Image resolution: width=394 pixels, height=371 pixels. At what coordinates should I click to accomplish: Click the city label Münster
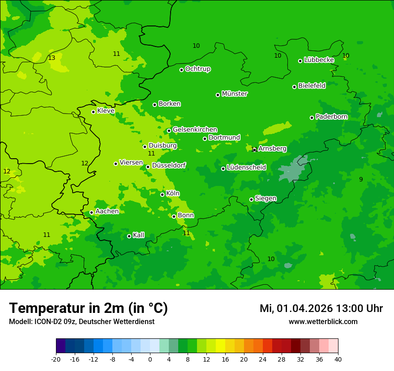pyautogui.click(x=234, y=94)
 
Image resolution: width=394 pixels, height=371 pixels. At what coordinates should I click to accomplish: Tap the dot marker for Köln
pyautogui.click(x=163, y=194)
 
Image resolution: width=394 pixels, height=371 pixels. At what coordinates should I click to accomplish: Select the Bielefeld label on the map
pyautogui.click(x=312, y=86)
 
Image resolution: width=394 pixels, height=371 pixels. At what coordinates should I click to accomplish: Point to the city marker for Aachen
pyautogui.click(x=91, y=213)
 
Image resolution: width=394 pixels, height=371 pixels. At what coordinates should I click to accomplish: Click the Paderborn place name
pyautogui.click(x=331, y=117)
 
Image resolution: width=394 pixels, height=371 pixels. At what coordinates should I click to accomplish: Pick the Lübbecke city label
pyautogui.click(x=319, y=60)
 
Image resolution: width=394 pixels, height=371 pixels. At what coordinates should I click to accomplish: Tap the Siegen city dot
pyautogui.click(x=251, y=199)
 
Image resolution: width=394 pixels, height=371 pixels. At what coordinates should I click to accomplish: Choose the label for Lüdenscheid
pyautogui.click(x=246, y=168)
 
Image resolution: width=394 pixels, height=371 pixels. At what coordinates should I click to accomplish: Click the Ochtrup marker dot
pyautogui.click(x=181, y=70)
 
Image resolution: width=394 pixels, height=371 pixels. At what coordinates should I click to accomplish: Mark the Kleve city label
pyautogui.click(x=106, y=111)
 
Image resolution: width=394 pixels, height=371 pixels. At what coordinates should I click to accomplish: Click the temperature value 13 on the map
pyautogui.click(x=51, y=58)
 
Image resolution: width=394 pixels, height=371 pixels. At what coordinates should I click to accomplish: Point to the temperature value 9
pyautogui.click(x=361, y=179)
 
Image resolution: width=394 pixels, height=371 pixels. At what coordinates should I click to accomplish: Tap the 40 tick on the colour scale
pyautogui.click(x=338, y=359)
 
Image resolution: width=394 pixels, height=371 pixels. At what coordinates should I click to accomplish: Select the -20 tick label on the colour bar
pyautogui.click(x=56, y=359)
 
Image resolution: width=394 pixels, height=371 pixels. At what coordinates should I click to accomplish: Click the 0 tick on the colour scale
pyautogui.click(x=150, y=359)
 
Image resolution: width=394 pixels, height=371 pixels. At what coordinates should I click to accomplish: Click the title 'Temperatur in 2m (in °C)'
pyautogui.click(x=88, y=308)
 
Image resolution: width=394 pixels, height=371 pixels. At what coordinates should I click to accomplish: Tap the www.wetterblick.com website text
pyautogui.click(x=323, y=322)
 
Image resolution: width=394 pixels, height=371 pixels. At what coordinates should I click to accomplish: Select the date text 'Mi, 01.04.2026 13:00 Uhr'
pyautogui.click(x=321, y=308)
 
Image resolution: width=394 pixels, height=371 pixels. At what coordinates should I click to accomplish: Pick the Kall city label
pyautogui.click(x=138, y=235)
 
